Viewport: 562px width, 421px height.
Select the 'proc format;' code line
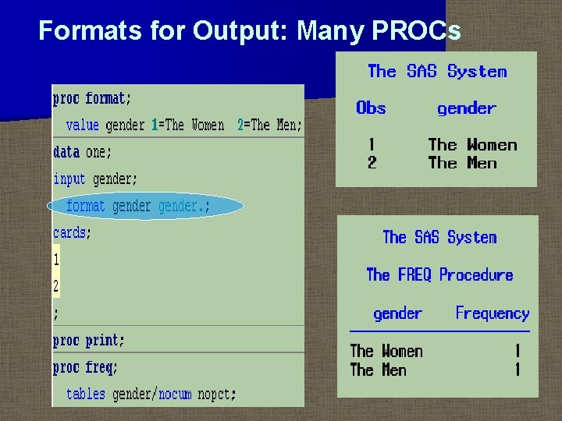pyautogui.click(x=92, y=99)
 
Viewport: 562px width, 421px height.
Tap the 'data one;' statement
pyautogui.click(x=83, y=152)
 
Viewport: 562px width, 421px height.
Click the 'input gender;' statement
pyautogui.click(x=95, y=179)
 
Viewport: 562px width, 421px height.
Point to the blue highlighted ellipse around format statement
pyautogui.click(x=145, y=207)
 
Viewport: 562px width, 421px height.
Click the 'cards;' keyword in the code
pyautogui.click(x=72, y=233)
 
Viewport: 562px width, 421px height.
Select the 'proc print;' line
pyautogui.click(x=88, y=341)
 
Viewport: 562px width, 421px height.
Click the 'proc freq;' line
pyautogui.click(x=85, y=367)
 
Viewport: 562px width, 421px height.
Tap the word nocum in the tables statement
pyautogui.click(x=175, y=394)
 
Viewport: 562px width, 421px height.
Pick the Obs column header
pyautogui.click(x=371, y=108)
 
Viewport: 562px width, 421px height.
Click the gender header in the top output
pyautogui.click(x=467, y=109)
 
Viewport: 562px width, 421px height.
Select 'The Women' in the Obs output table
pyautogui.click(x=472, y=145)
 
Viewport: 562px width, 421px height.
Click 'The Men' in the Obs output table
pyautogui.click(x=463, y=163)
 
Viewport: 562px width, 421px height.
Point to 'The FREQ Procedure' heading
pyautogui.click(x=439, y=275)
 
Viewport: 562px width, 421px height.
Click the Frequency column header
pyautogui.click(x=492, y=313)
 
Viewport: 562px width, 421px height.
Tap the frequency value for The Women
pyautogui.click(x=517, y=352)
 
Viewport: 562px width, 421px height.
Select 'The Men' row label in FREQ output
pyautogui.click(x=378, y=370)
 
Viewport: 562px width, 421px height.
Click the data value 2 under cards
pyautogui.click(x=56, y=286)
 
